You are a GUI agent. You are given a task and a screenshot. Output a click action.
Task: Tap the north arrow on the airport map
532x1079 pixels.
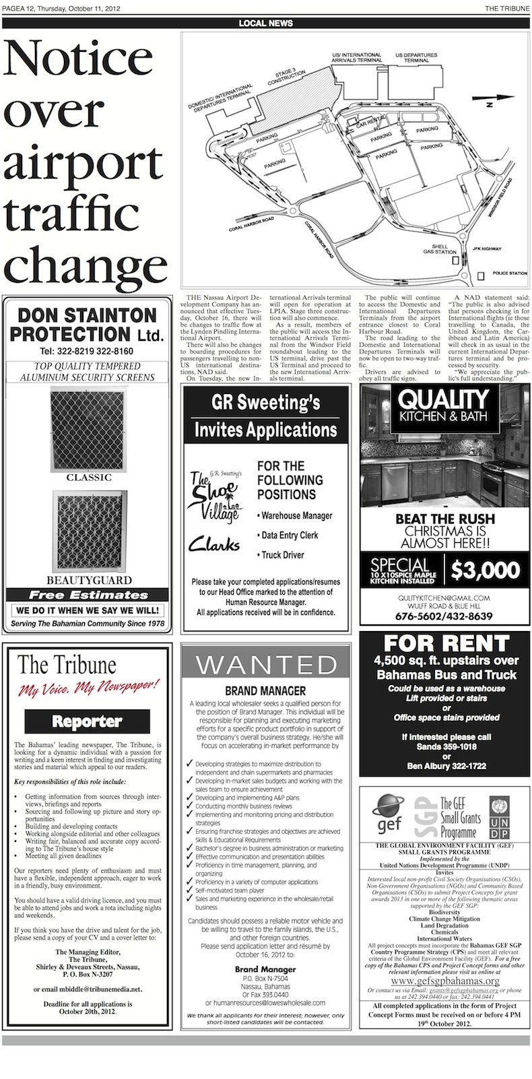pos(489,102)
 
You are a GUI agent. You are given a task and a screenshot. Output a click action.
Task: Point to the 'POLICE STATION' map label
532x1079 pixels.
pos(510,273)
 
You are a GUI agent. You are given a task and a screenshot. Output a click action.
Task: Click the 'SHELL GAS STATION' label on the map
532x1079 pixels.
pos(439,249)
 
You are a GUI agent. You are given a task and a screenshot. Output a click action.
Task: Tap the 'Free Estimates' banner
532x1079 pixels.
pos(88,595)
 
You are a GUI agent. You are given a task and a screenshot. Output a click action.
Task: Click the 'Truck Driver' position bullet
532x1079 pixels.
pos(282,555)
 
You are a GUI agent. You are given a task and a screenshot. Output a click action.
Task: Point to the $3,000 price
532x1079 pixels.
pos(485,570)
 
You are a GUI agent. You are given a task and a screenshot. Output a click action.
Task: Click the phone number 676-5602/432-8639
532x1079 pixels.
pos(444,616)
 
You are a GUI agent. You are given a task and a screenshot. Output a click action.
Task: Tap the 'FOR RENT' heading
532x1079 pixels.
pos(446,643)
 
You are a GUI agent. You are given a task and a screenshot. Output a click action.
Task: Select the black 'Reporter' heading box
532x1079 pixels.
pos(87,721)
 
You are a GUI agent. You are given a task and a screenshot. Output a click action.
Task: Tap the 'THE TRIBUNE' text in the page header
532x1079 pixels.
pos(507,7)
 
